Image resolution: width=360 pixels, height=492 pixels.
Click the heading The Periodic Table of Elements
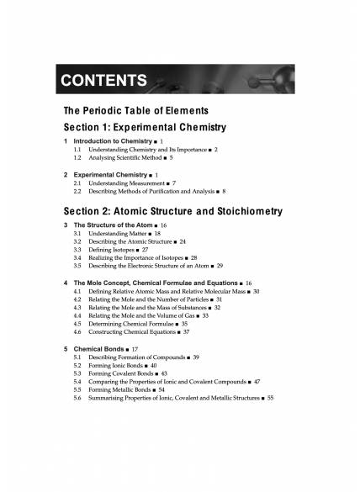(x=136, y=111)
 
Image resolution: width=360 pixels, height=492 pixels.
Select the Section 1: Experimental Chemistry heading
(x=145, y=127)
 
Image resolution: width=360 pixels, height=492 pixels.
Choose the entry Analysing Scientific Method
(x=125, y=157)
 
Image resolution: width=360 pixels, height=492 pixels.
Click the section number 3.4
(x=77, y=257)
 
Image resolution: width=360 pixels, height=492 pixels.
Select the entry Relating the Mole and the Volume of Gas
(x=142, y=315)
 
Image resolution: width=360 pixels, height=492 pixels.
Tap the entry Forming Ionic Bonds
(x=116, y=365)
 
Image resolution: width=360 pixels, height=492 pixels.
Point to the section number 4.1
(x=77, y=290)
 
